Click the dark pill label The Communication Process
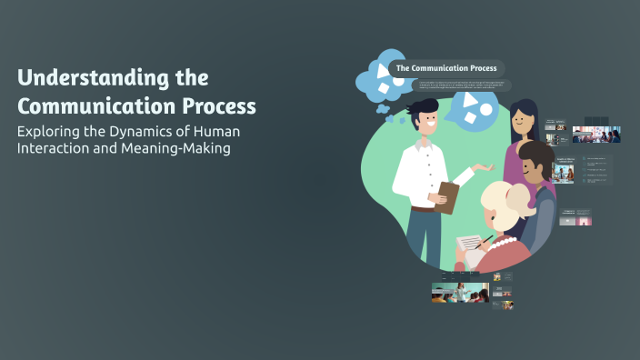coord(446,68)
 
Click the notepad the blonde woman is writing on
coord(468,245)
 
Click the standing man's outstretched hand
coord(486,169)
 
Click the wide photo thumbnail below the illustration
coord(459,292)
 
